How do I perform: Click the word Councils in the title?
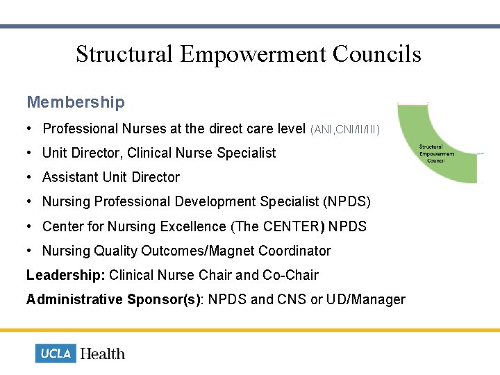[x=381, y=54]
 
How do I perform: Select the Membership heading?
[x=76, y=103]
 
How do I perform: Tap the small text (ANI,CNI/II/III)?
[x=345, y=129]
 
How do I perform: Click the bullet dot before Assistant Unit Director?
[x=31, y=177]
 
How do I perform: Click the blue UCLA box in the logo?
[x=56, y=353]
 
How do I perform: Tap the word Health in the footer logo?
[x=103, y=353]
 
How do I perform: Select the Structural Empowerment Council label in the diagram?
[x=436, y=153]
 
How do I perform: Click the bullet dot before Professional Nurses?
[x=31, y=128]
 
